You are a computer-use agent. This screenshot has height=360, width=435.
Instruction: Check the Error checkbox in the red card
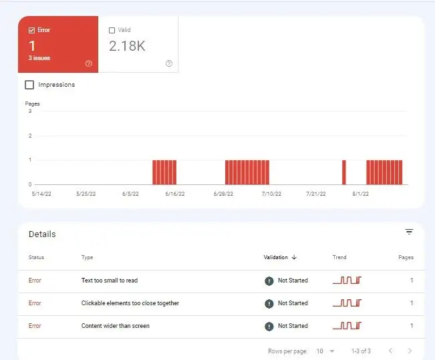pyautogui.click(x=31, y=30)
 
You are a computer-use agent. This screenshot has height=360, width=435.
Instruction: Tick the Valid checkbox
pyautogui.click(x=112, y=30)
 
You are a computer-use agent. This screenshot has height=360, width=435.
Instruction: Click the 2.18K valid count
pyautogui.click(x=127, y=46)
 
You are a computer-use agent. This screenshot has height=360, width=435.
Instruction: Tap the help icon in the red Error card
pyautogui.click(x=88, y=63)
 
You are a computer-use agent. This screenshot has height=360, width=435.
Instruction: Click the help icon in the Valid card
pyautogui.click(x=168, y=63)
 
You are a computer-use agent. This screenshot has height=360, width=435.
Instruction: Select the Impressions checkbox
pyautogui.click(x=29, y=85)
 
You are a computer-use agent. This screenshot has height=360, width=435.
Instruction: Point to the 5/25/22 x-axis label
pyautogui.click(x=86, y=194)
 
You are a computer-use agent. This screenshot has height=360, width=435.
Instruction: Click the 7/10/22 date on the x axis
pyautogui.click(x=271, y=194)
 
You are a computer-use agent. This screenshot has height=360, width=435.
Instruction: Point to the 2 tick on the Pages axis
pyautogui.click(x=30, y=136)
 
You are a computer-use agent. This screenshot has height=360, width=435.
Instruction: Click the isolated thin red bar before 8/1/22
pyautogui.click(x=344, y=172)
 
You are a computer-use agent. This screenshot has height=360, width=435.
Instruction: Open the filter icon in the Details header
pyautogui.click(x=409, y=232)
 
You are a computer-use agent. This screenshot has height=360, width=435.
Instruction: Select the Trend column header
pyautogui.click(x=339, y=257)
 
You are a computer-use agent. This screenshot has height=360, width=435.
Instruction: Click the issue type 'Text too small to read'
pyautogui.click(x=110, y=281)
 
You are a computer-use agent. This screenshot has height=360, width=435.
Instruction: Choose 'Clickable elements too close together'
pyautogui.click(x=130, y=303)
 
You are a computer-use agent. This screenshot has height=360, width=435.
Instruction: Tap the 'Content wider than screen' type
pyautogui.click(x=116, y=326)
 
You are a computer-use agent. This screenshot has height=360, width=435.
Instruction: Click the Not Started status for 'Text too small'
pyautogui.click(x=293, y=281)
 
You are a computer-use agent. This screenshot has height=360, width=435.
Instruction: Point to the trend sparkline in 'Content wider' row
pyautogui.click(x=347, y=326)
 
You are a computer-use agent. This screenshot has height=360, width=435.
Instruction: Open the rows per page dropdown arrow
pyautogui.click(x=332, y=351)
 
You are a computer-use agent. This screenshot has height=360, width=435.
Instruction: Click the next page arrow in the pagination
pyautogui.click(x=410, y=351)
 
